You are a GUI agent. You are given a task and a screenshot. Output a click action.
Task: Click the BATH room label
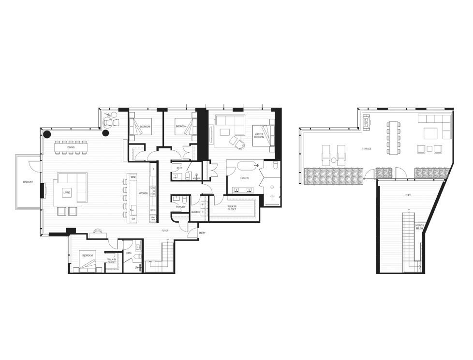tap(179, 168)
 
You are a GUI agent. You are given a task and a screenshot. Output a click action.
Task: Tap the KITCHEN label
tap(143, 193)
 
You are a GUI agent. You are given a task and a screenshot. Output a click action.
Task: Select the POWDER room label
tap(180, 207)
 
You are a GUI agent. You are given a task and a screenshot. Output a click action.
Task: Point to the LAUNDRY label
tap(195, 212)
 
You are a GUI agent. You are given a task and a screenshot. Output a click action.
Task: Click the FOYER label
tap(165, 231)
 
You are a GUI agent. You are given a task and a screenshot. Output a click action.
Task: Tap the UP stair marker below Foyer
tap(168, 239)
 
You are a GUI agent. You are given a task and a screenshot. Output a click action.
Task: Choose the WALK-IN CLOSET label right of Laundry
tap(232, 208)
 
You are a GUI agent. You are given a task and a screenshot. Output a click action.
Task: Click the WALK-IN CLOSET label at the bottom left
tap(112, 261)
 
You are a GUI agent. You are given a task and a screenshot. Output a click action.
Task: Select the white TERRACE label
tap(367, 148)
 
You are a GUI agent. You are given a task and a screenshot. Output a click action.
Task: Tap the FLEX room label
tap(408, 195)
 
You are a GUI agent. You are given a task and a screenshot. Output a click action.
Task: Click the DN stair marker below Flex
tap(409, 209)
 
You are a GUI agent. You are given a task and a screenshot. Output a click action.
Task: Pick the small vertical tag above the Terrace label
tap(366, 122)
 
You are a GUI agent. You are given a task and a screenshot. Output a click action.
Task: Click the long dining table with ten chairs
tap(71, 147)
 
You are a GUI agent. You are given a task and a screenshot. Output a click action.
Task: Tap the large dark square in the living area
tap(70, 188)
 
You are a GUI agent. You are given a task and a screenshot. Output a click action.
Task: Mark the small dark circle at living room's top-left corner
tap(47, 134)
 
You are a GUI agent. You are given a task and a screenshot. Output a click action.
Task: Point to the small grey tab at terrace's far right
tap(451, 177)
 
